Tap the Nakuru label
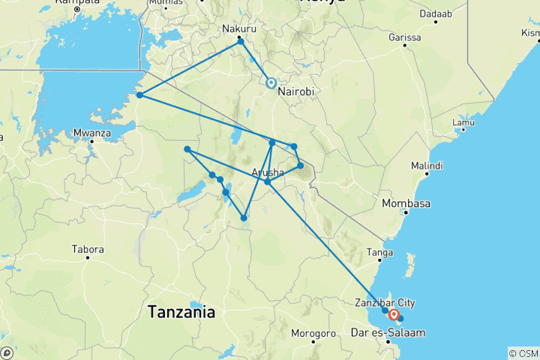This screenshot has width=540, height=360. pos(238,30)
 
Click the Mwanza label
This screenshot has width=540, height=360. pos(93,133)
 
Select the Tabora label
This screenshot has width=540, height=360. pos(88,249)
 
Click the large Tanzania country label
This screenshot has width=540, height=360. pos(181,311)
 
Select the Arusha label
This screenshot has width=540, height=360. pos(268,172)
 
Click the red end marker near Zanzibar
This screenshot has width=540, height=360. pos(393,315)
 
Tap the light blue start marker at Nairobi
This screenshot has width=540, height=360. pos(271,83)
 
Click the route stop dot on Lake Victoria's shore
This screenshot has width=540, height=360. pos(139,95)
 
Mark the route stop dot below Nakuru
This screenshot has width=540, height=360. pos(241,41)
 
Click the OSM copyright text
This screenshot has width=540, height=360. pos(523,352)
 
